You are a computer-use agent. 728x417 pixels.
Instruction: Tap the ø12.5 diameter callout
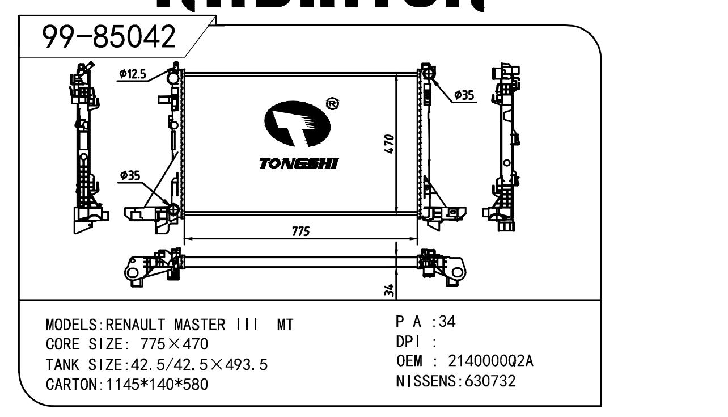pos(132,73)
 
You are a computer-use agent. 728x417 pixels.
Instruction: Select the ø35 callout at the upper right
pos(464,95)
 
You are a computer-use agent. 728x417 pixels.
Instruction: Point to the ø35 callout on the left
pos(130,176)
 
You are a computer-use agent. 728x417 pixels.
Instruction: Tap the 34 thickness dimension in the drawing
pos(388,290)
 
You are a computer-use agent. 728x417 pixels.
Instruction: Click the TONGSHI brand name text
pos(298,164)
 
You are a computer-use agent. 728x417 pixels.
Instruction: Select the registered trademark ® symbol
pos(333,104)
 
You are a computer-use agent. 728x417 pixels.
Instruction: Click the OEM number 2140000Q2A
pos(490,361)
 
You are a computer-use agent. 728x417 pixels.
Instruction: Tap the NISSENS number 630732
pos(490,381)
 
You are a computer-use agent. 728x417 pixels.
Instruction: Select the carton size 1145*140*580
pos(154,385)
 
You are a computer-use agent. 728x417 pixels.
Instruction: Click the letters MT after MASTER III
pos(285,325)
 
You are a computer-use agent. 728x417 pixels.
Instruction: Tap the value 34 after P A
pos(447,322)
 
